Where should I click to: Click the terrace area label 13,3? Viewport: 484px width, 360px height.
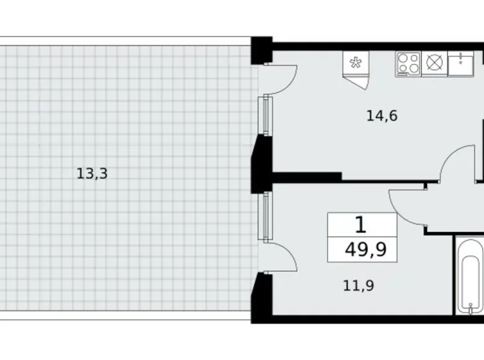92,174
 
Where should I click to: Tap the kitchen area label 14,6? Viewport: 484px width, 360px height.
382,115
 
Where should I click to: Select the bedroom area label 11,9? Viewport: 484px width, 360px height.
358,286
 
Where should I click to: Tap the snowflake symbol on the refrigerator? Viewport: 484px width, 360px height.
356,62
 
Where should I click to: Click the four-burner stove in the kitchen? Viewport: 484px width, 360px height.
408,63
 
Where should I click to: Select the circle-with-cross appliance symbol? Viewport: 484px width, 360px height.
434,63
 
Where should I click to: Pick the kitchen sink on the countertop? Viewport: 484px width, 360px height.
460,63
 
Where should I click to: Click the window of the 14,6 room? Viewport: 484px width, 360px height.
267,115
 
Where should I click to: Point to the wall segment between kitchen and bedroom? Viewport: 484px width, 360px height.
307,177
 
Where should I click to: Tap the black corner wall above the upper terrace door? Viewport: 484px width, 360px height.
261,50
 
